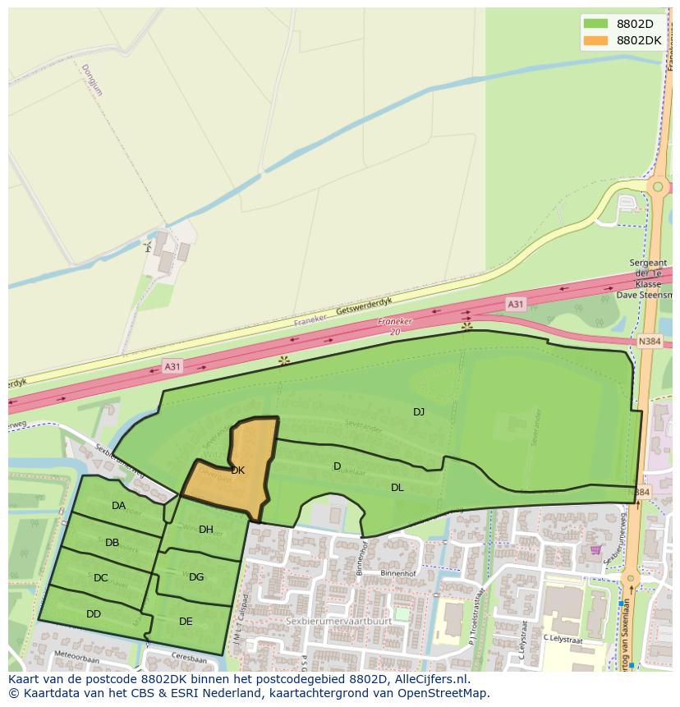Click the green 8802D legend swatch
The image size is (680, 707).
596,23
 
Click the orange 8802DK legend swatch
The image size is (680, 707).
596,40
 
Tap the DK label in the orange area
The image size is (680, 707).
238,471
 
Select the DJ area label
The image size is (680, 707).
419,411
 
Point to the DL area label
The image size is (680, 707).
397,487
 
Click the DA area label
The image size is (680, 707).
119,506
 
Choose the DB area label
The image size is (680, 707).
113,542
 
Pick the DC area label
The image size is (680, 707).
101,578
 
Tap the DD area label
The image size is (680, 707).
94,613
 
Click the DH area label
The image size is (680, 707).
206,530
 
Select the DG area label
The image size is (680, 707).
196,576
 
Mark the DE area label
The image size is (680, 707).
186,621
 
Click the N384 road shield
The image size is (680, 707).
649,341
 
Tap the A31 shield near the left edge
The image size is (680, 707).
172,367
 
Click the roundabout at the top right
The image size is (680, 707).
657,187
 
